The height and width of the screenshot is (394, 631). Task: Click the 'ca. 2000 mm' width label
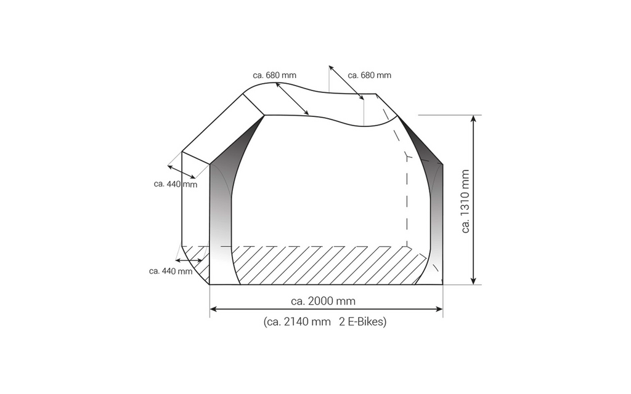323,301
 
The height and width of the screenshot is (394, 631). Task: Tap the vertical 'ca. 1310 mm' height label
465,201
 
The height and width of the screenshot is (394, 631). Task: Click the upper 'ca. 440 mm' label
176,184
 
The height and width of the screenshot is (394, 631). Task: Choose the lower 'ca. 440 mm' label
171,271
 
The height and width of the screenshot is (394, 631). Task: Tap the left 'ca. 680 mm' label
274,75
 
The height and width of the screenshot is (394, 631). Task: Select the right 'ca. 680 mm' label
370,75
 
